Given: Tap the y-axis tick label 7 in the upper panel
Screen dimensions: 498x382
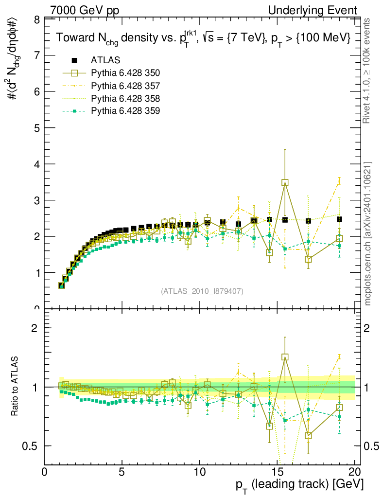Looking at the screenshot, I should coord(36,55).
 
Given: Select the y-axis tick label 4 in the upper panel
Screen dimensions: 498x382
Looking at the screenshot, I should coord(36,164).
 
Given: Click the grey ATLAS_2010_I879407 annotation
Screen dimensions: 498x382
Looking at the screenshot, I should coord(202,291).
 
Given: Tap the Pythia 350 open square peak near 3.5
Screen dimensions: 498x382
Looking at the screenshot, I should coord(285,183).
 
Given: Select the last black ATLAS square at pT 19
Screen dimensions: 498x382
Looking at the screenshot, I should coord(339,219).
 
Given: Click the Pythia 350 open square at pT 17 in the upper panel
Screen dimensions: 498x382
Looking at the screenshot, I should coord(308,259).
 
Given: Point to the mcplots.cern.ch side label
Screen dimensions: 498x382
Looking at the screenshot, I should coord(368,233).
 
